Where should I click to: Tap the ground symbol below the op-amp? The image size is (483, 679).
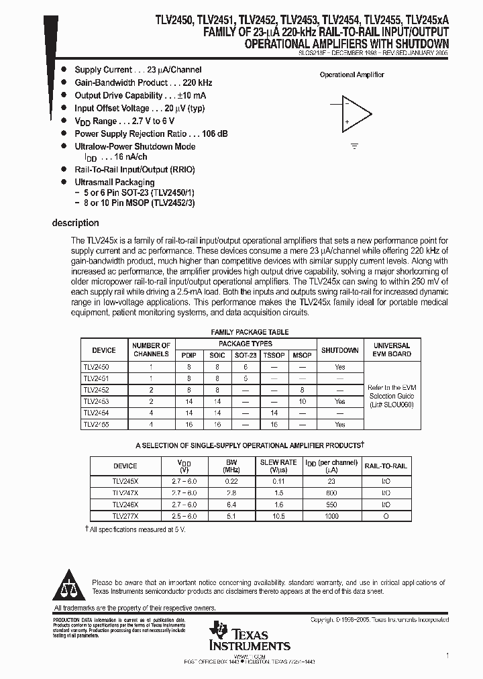pyautogui.click(x=355, y=145)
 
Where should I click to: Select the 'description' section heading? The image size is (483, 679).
pyautogui.click(x=76, y=223)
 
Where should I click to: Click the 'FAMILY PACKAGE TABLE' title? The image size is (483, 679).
pyautogui.click(x=250, y=332)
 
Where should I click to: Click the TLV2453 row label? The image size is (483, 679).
pyautogui.click(x=95, y=401)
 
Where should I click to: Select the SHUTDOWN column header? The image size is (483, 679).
pyautogui.click(x=339, y=350)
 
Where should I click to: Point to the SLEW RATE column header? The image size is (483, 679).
pyautogui.click(x=278, y=462)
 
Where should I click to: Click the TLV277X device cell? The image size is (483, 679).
pyautogui.click(x=125, y=515)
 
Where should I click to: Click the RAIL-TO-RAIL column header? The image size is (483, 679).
pyautogui.click(x=385, y=466)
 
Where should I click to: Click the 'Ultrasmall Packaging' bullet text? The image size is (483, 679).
pyautogui.click(x=114, y=182)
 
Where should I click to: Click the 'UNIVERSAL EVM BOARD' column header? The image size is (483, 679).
pyautogui.click(x=392, y=350)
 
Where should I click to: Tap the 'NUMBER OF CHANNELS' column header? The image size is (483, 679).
pyautogui.click(x=151, y=350)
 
